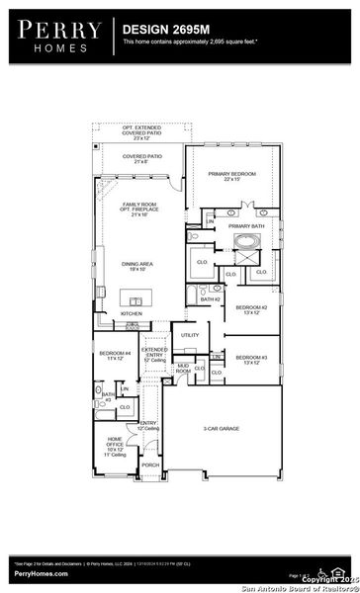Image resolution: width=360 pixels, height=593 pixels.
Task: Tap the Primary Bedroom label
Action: tap(231, 176)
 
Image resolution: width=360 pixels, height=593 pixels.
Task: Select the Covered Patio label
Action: tap(141, 158)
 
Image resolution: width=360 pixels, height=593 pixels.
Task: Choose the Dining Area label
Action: tap(138, 264)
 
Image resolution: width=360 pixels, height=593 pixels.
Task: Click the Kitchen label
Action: tap(132, 314)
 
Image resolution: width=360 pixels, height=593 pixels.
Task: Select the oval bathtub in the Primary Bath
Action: tap(243, 241)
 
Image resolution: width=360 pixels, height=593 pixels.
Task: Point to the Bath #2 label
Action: tap(210, 298)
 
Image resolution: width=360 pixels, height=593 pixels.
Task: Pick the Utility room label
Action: tap(190, 335)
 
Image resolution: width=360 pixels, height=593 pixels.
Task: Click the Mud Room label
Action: tap(183, 369)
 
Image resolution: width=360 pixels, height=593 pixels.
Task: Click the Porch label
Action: tap(150, 465)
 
